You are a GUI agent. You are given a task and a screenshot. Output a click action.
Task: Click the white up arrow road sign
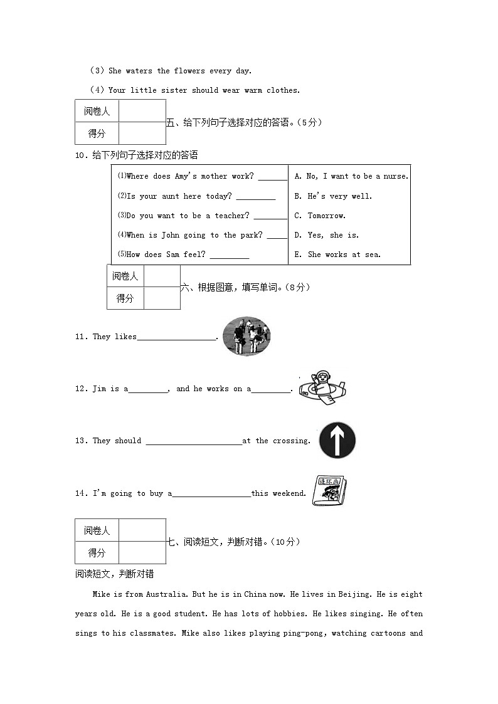pos(337,440)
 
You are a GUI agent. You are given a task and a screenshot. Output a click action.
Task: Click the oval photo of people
pos(246,337)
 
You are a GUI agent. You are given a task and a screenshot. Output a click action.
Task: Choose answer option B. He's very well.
pos(333,196)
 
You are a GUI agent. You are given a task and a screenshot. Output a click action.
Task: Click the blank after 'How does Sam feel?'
pos(230,255)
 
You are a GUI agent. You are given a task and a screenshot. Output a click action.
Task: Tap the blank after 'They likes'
pos(176,337)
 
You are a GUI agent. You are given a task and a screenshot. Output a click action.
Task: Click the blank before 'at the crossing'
pos(193,441)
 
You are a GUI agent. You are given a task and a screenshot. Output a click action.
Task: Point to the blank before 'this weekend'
pos(211,494)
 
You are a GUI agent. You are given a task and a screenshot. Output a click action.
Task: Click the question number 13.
pos(81,441)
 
